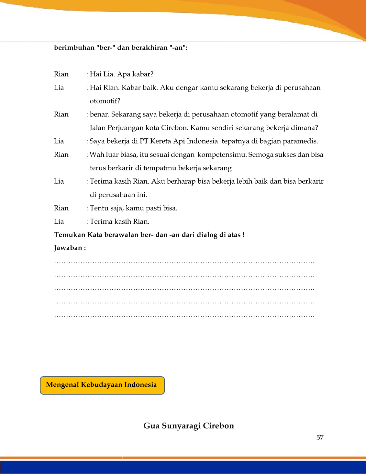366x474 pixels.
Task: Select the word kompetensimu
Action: click(x=222, y=155)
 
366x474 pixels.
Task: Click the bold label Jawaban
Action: click(x=68, y=248)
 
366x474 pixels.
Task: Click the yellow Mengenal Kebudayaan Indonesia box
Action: click(x=102, y=385)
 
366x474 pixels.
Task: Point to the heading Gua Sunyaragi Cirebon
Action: click(x=189, y=426)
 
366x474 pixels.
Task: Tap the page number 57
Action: click(x=320, y=438)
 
